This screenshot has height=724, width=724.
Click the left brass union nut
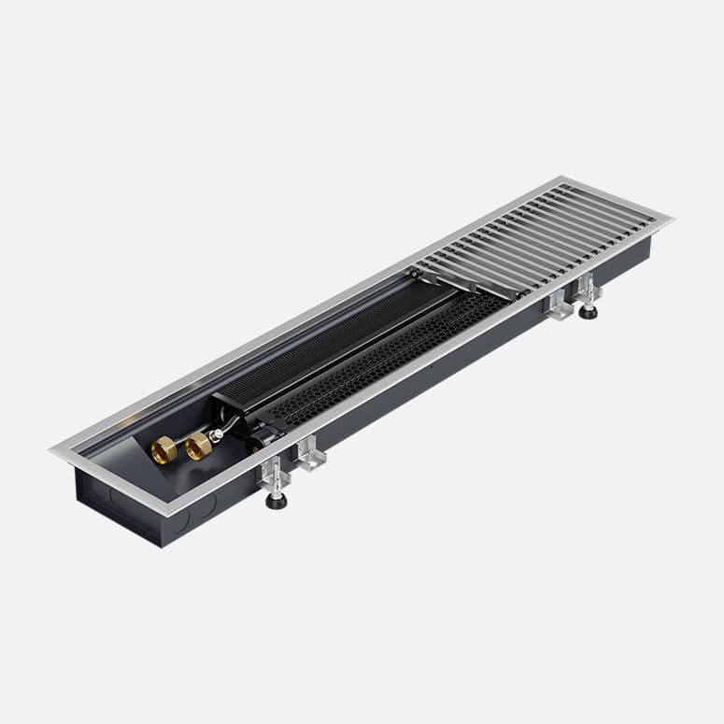tap(163, 450)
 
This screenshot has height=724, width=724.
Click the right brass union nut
tap(197, 446)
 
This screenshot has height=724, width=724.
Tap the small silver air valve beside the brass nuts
tap(219, 433)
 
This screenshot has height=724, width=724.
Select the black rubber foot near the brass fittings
tap(277, 501)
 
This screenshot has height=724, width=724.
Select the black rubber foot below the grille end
tap(588, 311)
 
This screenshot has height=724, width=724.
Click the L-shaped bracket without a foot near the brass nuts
tap(309, 454)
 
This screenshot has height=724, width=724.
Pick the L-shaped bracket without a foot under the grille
tap(559, 305)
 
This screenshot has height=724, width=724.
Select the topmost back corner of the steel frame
tap(562, 177)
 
